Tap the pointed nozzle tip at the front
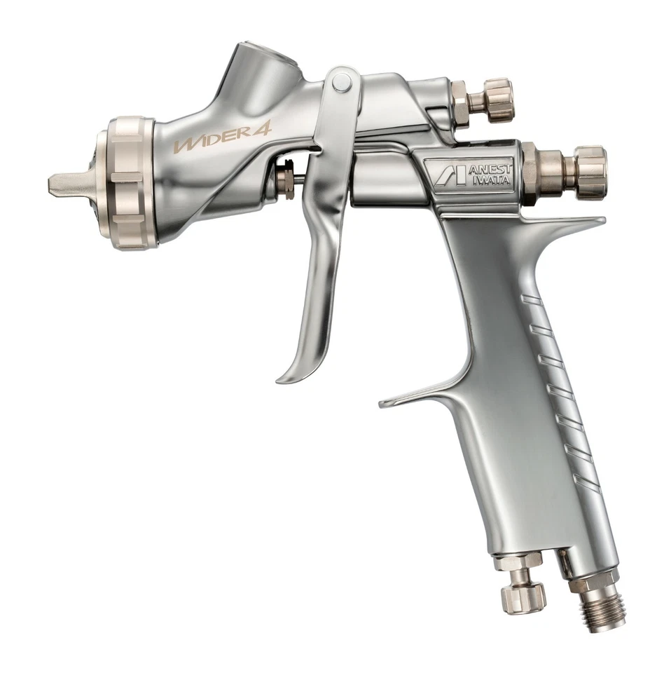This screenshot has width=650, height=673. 62,184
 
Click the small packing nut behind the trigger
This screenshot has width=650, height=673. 286,181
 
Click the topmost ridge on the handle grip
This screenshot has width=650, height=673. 532,301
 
